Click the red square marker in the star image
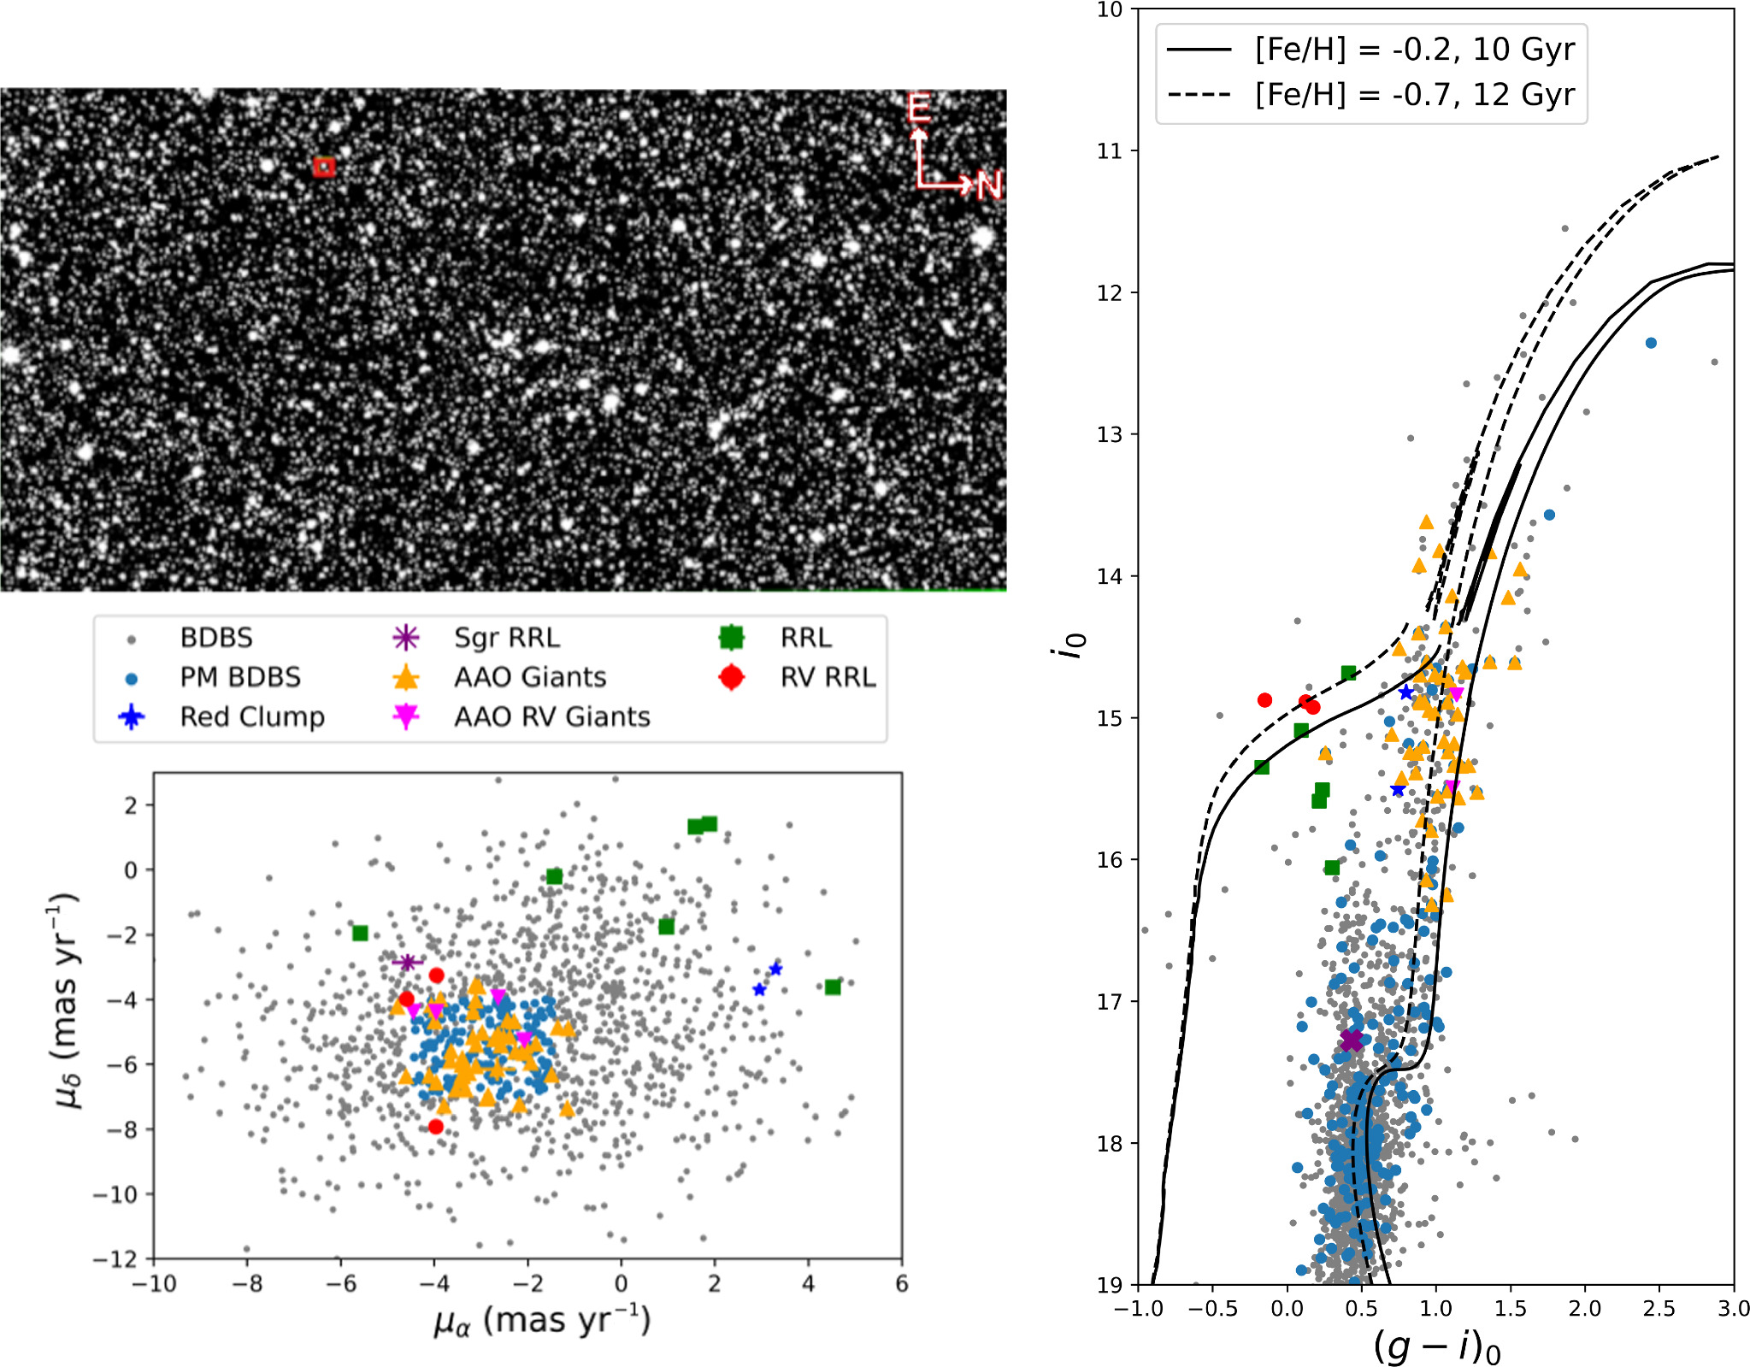pyautogui.click(x=323, y=167)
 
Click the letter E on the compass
pyautogui.click(x=919, y=109)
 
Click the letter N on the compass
pyautogui.click(x=988, y=185)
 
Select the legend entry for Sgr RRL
pyautogui.click(x=506, y=638)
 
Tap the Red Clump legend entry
pyautogui.click(x=251, y=716)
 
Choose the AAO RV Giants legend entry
pyautogui.click(x=551, y=716)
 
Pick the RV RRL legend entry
pyautogui.click(x=827, y=677)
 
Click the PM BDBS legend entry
pyautogui.click(x=239, y=677)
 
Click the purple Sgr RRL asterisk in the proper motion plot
pyautogui.click(x=408, y=963)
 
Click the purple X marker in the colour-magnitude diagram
pyautogui.click(x=1352, y=1040)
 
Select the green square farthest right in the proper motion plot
pyautogui.click(x=833, y=987)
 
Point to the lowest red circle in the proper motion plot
pyautogui.click(x=436, y=1127)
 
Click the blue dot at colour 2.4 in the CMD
pyautogui.click(x=1651, y=343)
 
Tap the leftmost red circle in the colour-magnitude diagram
pyautogui.click(x=1265, y=700)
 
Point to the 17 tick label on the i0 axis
pyautogui.click(x=1108, y=1001)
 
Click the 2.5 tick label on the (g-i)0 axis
pyautogui.click(x=1659, y=1309)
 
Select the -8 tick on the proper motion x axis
pyautogui.click(x=247, y=1284)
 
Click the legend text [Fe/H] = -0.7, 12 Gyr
pyautogui.click(x=1414, y=94)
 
